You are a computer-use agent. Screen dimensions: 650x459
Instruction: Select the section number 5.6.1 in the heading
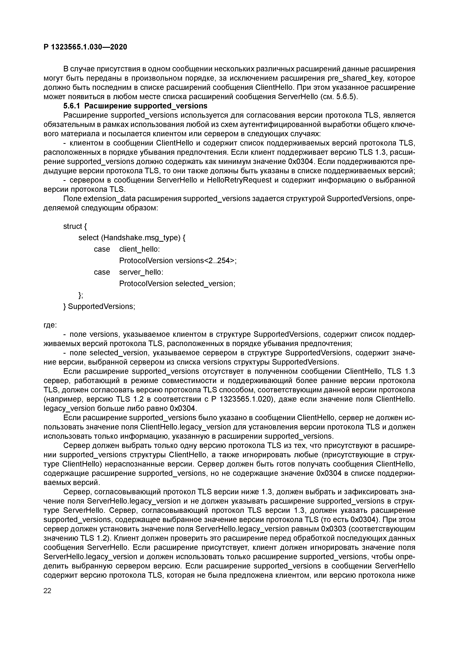pos(72,106)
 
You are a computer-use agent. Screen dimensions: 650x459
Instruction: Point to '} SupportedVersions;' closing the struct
pos(99,306)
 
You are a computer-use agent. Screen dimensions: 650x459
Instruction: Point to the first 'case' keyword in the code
pos(102,249)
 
